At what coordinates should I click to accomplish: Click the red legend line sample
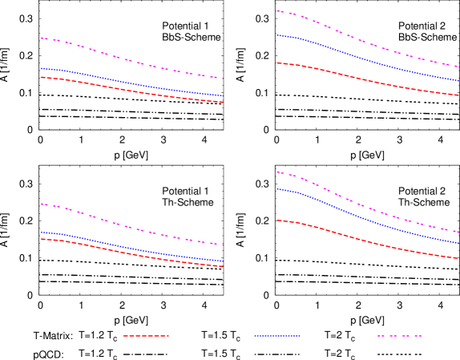(146, 336)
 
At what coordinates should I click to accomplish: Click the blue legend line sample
(277, 336)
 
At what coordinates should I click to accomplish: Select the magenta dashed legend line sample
(399, 336)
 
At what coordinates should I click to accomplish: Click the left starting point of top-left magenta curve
(42, 38)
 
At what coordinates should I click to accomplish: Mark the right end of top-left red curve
(222, 103)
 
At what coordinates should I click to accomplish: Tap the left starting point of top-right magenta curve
(277, 10)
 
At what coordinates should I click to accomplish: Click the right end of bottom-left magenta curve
(222, 245)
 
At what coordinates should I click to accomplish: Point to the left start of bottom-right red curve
(277, 220)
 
